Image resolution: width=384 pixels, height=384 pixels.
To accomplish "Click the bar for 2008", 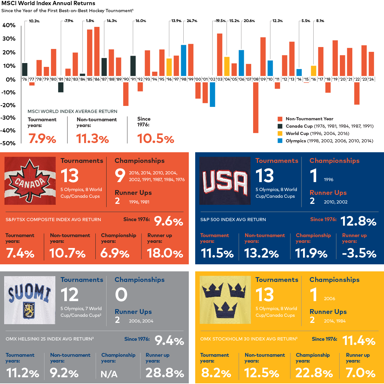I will pos(256,107).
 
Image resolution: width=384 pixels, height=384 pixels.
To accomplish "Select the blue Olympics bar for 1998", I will pos(184,60).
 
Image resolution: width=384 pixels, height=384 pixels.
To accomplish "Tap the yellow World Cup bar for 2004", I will pos(227,66).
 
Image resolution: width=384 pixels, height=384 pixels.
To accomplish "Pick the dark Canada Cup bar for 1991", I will pos(133,66).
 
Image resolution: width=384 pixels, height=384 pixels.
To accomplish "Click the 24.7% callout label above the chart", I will pos(192,21).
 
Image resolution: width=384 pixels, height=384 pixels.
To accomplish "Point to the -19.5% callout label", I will pos(220,21).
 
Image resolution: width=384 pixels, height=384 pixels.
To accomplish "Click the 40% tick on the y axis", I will pos(9,25).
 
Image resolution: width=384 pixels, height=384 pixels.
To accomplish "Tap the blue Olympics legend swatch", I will pos(280,141).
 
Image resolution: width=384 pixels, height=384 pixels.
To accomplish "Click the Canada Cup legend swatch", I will pos(280,126).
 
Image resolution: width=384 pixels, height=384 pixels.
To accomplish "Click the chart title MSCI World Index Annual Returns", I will pos(48,4).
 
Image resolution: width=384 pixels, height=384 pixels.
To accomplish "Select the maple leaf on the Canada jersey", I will pos(30,181).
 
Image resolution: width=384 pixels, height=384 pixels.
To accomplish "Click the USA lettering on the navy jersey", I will pos(225,182).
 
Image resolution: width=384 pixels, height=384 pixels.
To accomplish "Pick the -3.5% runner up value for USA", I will pos(359,253).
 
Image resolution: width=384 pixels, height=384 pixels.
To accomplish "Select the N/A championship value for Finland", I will pos(109,374).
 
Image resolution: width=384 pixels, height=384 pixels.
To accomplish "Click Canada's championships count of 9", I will pos(120,175).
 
